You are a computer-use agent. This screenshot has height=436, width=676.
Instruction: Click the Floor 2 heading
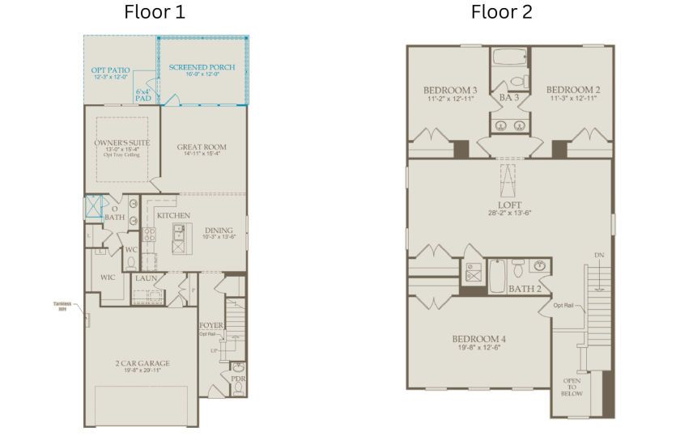[x=502, y=12]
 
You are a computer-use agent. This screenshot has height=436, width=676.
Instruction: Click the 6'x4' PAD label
[x=143, y=94]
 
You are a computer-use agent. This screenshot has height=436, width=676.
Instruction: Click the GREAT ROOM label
[x=202, y=147]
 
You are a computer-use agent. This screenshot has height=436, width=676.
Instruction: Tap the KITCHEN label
[x=173, y=216]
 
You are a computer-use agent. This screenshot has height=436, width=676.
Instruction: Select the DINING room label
[x=219, y=230]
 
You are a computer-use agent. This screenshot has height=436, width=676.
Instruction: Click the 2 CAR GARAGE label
[x=142, y=363]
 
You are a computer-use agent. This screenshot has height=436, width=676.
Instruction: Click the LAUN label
[x=147, y=278]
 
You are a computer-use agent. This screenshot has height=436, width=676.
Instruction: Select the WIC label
[x=108, y=277]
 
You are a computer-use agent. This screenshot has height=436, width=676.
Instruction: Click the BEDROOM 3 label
[x=450, y=90]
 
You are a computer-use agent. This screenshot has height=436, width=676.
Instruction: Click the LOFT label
[x=508, y=205]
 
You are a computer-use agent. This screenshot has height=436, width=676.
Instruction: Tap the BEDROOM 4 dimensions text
[x=479, y=347]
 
